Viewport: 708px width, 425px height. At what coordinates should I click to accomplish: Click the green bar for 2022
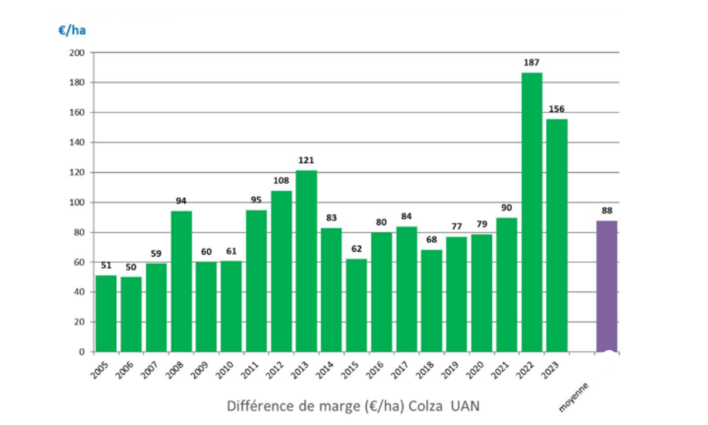[532, 212]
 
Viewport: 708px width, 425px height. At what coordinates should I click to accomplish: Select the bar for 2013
[306, 261]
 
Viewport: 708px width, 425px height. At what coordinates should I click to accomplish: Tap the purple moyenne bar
[607, 286]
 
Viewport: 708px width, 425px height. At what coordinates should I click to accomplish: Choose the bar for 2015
[356, 305]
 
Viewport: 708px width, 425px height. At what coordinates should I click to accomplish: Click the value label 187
[531, 62]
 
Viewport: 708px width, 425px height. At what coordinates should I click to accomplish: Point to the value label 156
[556, 109]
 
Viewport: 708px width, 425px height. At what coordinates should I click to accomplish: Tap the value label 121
[306, 161]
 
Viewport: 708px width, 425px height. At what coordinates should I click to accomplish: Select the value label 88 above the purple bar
[607, 211]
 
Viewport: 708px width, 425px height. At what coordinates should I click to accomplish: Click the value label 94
[181, 201]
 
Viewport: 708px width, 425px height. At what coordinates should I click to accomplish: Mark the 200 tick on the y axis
[77, 53]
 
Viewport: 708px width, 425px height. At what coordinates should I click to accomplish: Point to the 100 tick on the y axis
[77, 203]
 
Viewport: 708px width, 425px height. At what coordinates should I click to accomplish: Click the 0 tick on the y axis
[82, 352]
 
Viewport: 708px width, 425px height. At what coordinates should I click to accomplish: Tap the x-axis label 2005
[100, 370]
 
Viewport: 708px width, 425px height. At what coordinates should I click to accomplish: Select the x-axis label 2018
[424, 370]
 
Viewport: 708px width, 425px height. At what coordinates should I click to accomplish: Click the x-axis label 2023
[550, 370]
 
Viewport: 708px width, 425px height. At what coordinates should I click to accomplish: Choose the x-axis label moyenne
[573, 397]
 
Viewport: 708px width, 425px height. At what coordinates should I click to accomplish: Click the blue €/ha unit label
[72, 31]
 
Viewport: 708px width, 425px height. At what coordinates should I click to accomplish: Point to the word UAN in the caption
[465, 406]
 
